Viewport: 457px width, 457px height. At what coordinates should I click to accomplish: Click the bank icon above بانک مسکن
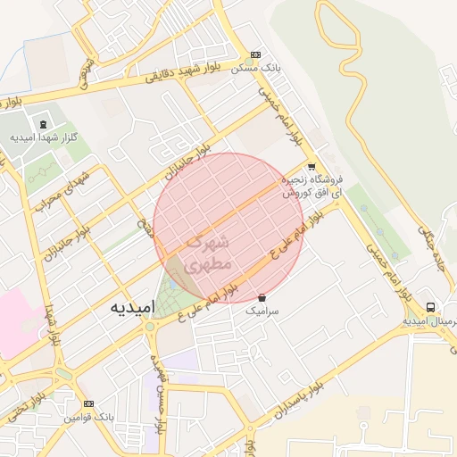pos(256,54)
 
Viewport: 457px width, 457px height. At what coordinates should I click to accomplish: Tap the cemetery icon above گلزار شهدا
pos(42,122)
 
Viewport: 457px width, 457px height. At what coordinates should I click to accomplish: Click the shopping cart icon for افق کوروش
pos(311,167)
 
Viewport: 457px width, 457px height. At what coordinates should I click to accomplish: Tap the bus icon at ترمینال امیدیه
pos(431,307)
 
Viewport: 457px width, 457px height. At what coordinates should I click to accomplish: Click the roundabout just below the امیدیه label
pos(149,327)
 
